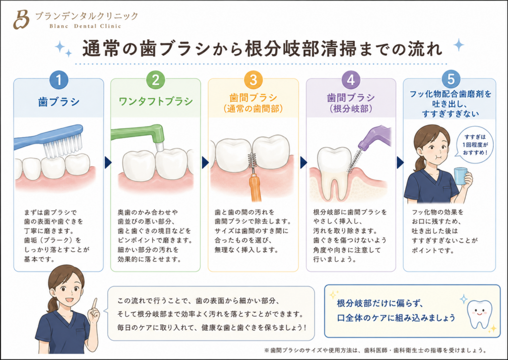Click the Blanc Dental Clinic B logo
click(21, 19)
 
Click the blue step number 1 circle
click(59, 80)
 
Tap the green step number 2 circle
click(155, 80)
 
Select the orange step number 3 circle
click(253, 80)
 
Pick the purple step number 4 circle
click(351, 80)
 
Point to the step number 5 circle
click(450, 79)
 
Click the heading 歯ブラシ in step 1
click(59, 102)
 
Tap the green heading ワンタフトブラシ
click(155, 101)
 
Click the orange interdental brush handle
click(255, 188)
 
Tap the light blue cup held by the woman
click(461, 176)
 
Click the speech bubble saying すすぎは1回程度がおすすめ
click(475, 145)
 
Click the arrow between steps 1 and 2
click(108, 162)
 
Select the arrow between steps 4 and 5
click(400, 162)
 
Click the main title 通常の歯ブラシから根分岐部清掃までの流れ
click(262, 49)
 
